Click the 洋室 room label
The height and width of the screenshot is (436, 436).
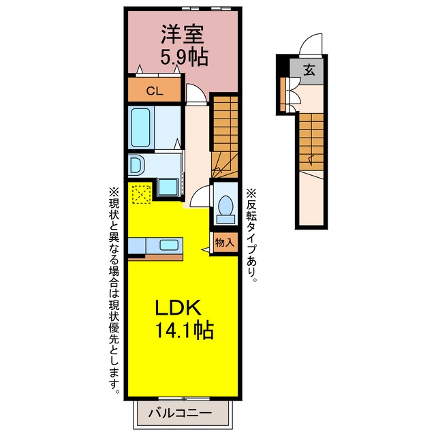coord(183,35)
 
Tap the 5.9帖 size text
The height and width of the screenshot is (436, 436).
coord(185,57)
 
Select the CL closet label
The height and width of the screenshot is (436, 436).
coord(155,91)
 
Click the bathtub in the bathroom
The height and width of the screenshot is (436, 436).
coord(140,128)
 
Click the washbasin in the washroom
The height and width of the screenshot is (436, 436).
coord(136,165)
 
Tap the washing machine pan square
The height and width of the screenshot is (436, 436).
coord(168,187)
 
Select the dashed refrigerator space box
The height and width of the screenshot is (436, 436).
coord(141,194)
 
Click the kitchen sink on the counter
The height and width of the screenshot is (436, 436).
coord(169,245)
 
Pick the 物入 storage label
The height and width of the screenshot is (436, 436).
coord(225,243)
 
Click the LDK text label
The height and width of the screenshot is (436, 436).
coord(178,307)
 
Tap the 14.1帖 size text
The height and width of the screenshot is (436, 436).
coord(185,330)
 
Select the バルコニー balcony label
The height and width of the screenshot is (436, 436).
coord(180,414)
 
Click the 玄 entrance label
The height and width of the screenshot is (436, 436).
coord(309,69)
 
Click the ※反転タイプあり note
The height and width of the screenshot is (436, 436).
coord(251,235)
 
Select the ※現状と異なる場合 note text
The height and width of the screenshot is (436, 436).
coord(114,234)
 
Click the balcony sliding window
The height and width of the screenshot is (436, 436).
coord(184,399)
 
